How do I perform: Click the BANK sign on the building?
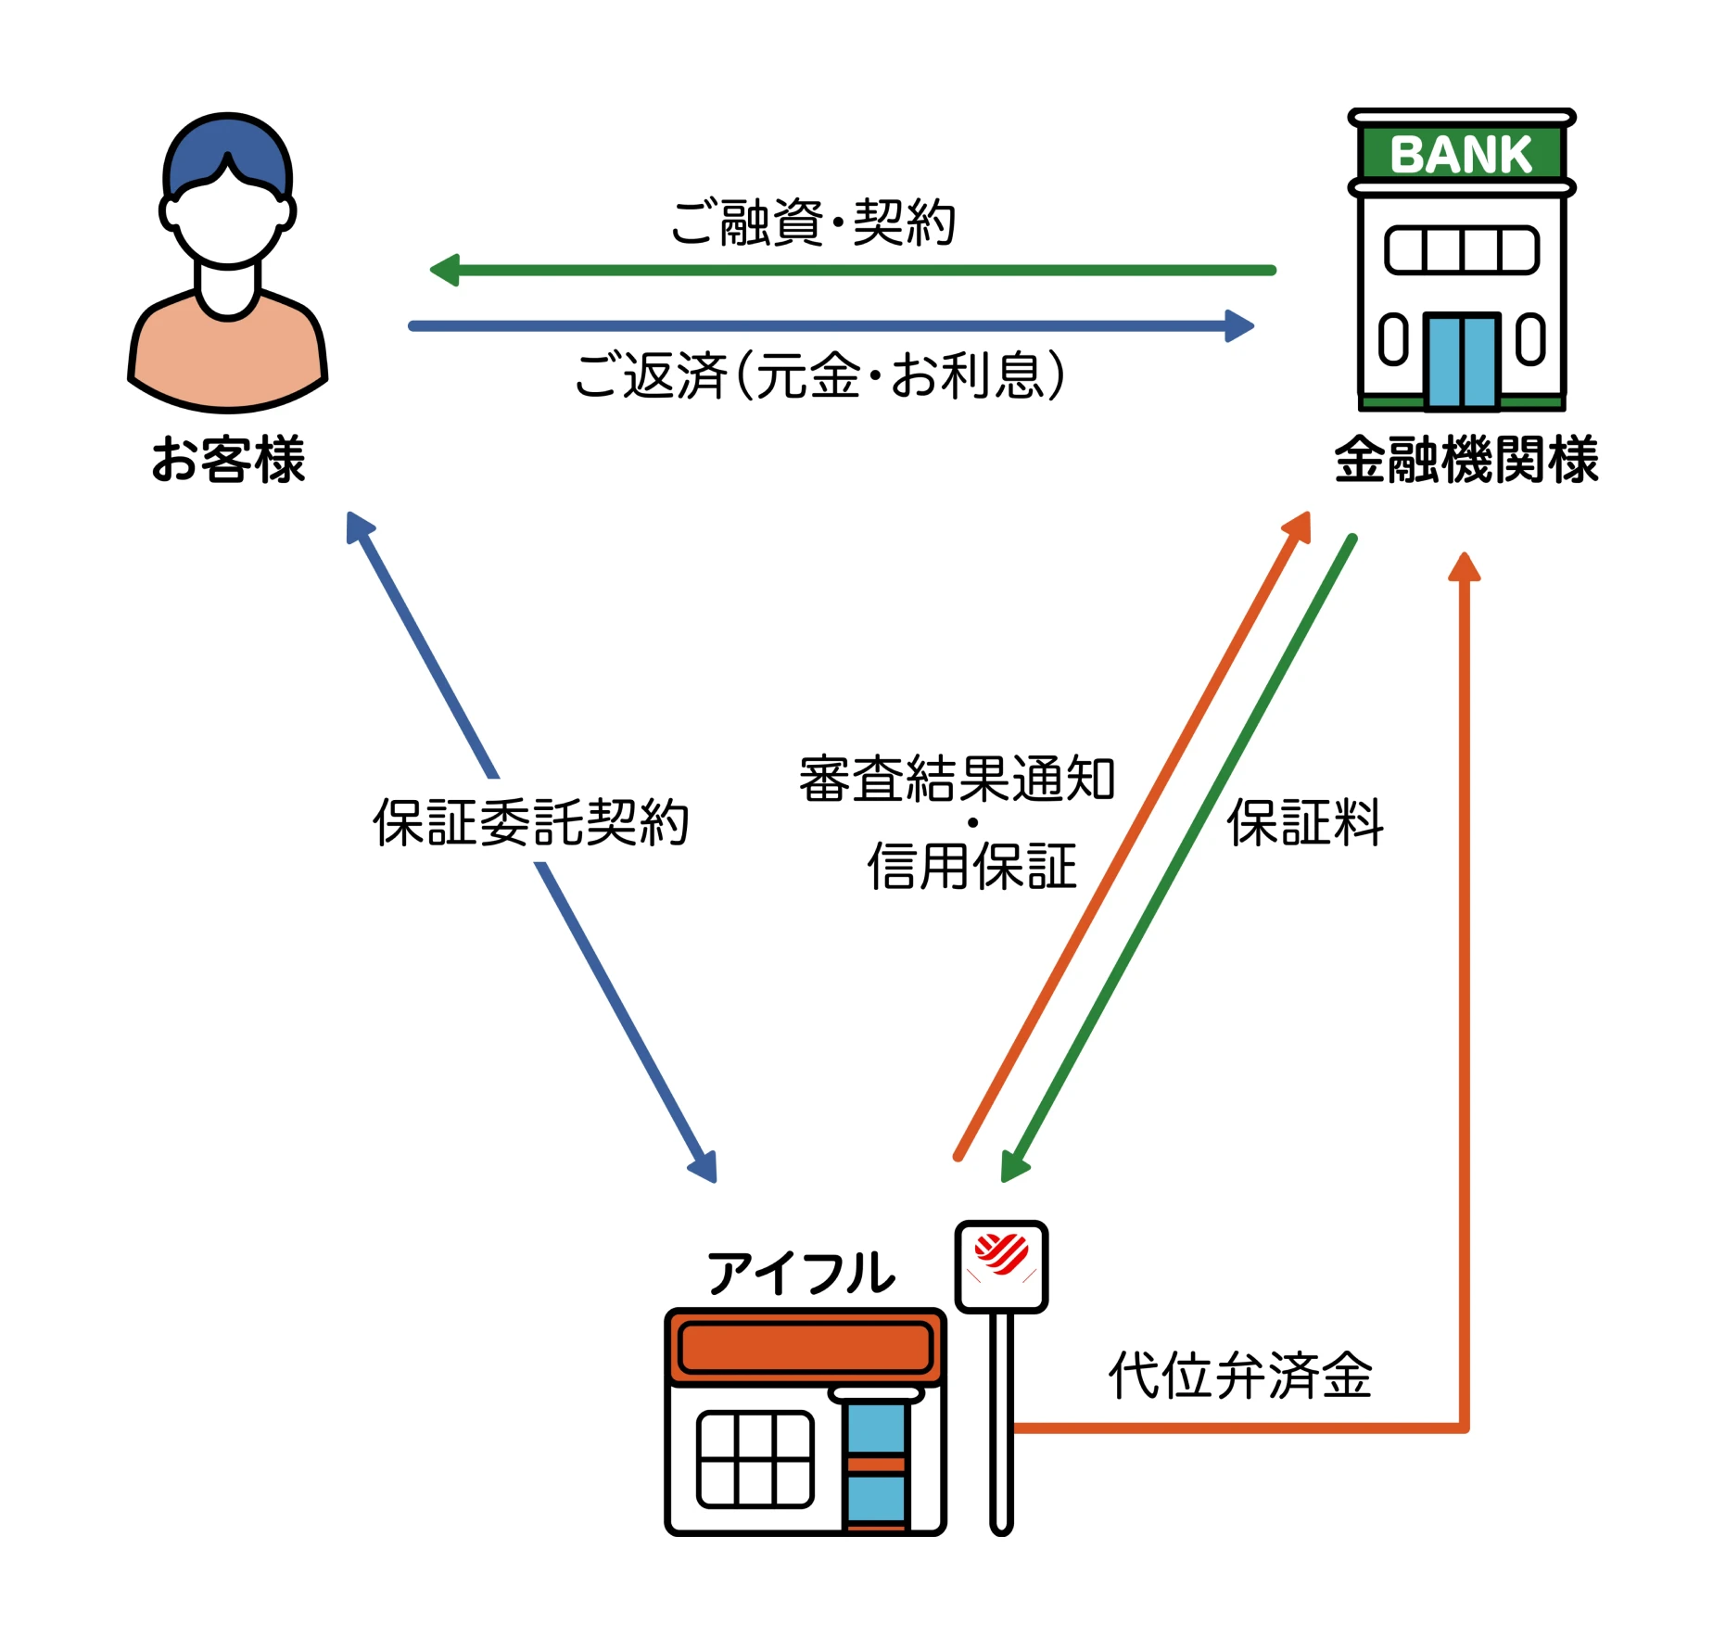(1461, 154)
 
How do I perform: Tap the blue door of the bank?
(1463, 362)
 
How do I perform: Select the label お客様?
(228, 460)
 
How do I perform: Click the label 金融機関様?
(1466, 460)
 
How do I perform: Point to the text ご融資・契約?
(813, 222)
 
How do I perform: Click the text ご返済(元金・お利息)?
(819, 375)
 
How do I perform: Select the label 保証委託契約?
(530, 822)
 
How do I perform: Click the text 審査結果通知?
(957, 779)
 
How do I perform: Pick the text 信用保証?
(971, 867)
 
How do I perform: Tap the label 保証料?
(1305, 822)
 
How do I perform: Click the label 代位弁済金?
(1240, 1376)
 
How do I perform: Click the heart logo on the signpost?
(1001, 1253)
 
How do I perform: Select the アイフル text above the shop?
(801, 1274)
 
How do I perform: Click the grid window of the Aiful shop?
(755, 1459)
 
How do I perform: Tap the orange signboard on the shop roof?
(805, 1347)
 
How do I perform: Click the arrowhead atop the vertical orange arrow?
(1465, 566)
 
